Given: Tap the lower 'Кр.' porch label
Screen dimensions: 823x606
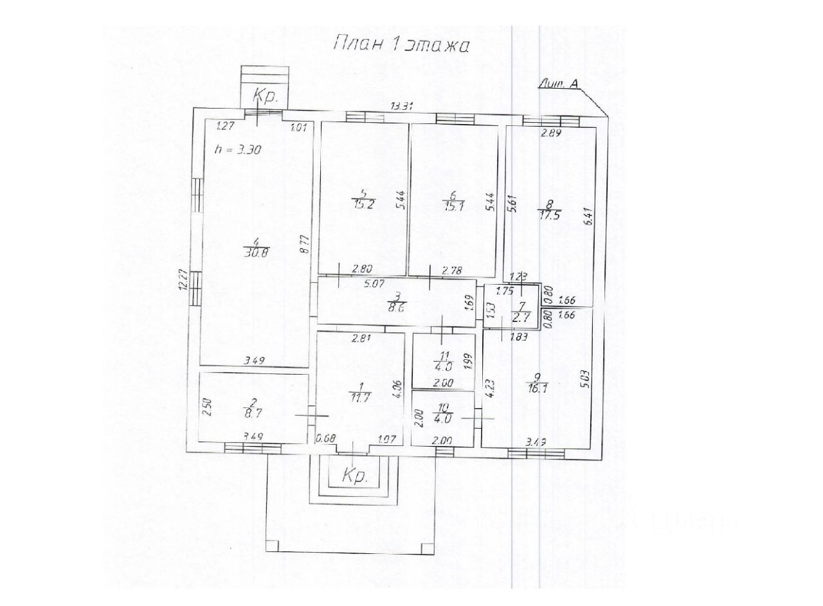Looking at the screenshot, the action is pos(354,476).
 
